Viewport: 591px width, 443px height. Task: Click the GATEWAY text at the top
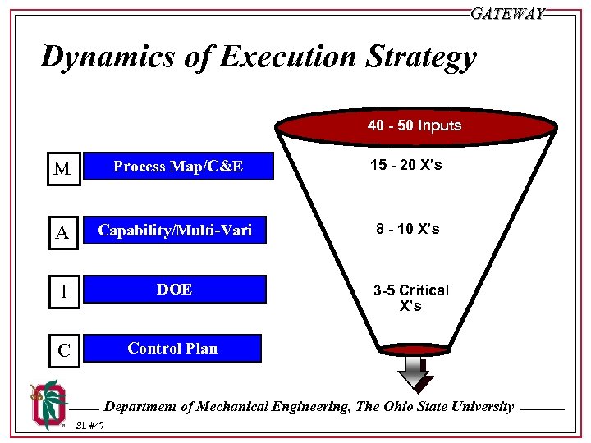pos(507,14)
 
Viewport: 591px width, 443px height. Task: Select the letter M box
pos(62,169)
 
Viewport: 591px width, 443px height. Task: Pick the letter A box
pos(62,233)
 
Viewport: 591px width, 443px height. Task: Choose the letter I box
pos(62,291)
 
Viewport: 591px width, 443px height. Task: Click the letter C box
pos(62,351)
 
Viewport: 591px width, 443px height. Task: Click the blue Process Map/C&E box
pos(177,167)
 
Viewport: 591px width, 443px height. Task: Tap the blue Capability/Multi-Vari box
pos(175,231)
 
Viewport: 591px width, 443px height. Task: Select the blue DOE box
pos(175,289)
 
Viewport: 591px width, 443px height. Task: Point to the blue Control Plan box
pos(172,348)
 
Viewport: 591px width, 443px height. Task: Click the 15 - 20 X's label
pos(405,165)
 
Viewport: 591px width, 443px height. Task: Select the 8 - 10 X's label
pos(408,229)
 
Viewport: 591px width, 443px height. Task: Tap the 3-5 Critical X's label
pos(410,298)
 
